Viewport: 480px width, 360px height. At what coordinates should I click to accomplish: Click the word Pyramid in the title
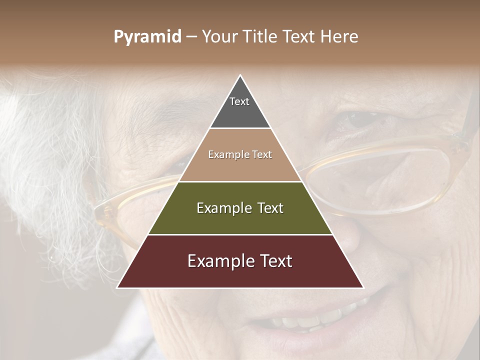(x=147, y=37)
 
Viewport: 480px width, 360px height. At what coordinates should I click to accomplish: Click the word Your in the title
(x=220, y=37)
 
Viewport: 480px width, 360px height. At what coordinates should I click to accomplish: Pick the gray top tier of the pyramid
(x=240, y=112)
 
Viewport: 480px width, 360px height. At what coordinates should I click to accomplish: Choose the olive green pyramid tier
(x=240, y=220)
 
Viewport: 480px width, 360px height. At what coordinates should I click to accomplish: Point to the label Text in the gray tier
(x=239, y=101)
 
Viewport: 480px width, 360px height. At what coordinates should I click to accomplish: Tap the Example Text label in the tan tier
(x=240, y=154)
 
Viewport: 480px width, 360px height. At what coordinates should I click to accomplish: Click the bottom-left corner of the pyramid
(x=118, y=287)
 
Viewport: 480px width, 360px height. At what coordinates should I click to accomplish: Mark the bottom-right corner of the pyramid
(x=362, y=287)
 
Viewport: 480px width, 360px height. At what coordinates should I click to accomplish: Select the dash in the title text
(x=191, y=37)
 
